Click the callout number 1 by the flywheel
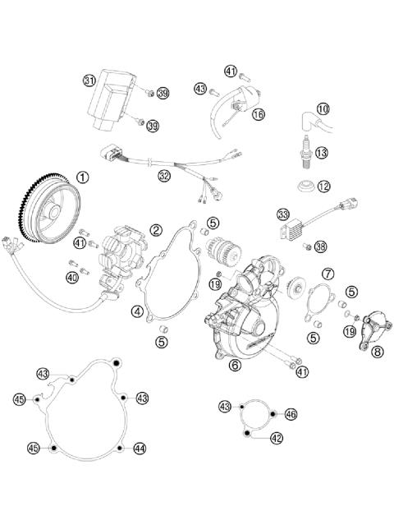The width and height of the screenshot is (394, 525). [82, 176]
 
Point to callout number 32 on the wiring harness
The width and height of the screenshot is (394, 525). [164, 175]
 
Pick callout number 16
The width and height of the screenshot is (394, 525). [259, 114]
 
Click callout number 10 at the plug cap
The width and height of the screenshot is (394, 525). [323, 108]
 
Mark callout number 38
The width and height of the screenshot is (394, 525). [320, 246]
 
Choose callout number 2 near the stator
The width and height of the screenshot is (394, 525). [155, 230]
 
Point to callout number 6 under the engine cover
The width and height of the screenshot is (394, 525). [235, 366]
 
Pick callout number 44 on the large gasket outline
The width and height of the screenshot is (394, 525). [140, 448]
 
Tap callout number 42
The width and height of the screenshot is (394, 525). [276, 438]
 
